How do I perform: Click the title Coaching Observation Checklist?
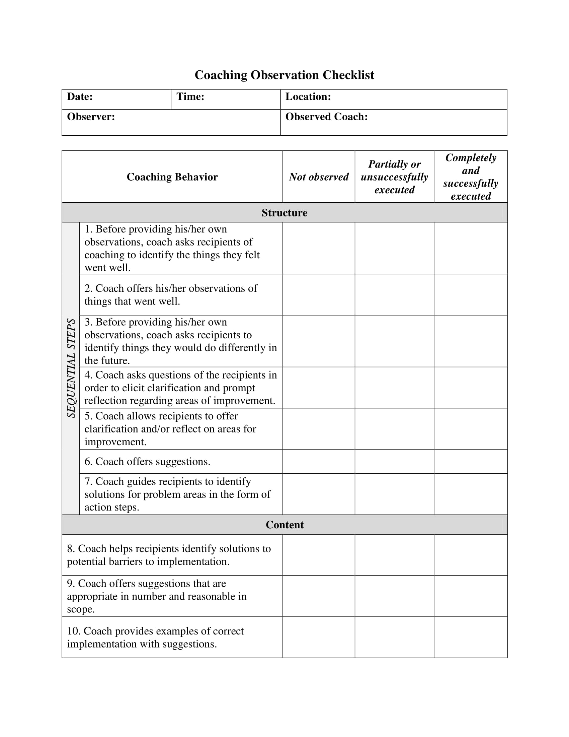[x=284, y=75]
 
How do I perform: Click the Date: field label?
[x=80, y=97]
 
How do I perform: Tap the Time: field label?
[x=190, y=97]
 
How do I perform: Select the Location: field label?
[x=308, y=97]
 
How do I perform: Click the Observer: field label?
[x=91, y=117]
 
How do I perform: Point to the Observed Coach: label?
[x=326, y=117]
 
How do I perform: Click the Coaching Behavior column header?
[x=172, y=177]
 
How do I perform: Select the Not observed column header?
[x=319, y=177]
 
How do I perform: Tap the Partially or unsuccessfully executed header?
[x=394, y=177]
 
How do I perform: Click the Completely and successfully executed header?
[x=471, y=177]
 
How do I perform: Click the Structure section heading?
[x=284, y=213]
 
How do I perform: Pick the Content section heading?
[x=284, y=525]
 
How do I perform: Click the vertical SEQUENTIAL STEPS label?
[x=71, y=368]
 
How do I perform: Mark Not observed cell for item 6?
[x=319, y=461]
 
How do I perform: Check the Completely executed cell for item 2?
[x=471, y=294]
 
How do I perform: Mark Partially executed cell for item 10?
[x=394, y=638]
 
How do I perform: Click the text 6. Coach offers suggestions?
[x=147, y=462]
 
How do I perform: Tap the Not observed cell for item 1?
[x=319, y=248]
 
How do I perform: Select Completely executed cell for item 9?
[x=471, y=596]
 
